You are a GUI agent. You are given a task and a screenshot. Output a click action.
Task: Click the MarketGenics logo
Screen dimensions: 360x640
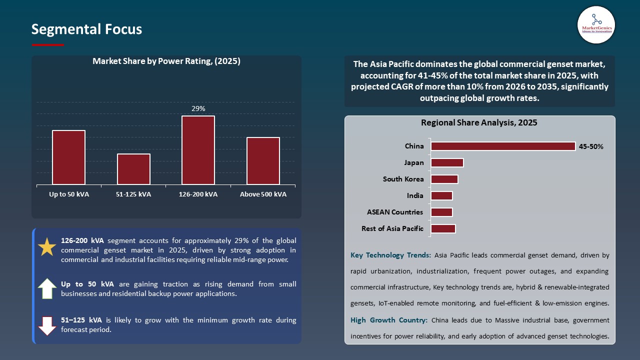point(596,24)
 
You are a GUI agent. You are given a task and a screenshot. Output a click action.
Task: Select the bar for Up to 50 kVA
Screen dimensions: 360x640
point(69,157)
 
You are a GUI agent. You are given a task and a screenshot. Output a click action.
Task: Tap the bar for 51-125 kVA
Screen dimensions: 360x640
point(133,169)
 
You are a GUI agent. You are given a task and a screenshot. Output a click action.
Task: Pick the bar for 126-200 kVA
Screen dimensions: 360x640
point(198,150)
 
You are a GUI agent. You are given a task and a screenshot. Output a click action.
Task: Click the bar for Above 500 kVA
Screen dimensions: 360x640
point(263,161)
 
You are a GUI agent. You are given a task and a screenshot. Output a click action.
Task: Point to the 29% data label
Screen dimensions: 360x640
point(198,108)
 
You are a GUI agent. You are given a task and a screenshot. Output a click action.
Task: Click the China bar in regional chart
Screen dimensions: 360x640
point(503,146)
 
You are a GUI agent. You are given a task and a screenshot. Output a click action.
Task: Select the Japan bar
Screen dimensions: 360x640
point(447,163)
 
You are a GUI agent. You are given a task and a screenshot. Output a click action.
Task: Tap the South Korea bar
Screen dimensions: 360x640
point(444,179)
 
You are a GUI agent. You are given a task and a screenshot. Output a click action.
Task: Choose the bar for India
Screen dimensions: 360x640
point(441,196)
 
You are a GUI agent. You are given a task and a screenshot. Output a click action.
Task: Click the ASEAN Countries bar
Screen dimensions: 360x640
point(441,212)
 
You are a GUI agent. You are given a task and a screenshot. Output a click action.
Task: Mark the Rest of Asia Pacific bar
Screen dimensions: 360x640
point(443,229)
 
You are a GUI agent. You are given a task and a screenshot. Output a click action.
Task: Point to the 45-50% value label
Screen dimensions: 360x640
point(591,147)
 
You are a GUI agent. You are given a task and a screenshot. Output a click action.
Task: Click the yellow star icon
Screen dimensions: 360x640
point(47,247)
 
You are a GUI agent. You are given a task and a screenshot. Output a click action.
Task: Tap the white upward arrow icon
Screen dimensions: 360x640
point(47,289)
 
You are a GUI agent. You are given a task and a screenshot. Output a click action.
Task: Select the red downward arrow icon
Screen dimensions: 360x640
point(47,325)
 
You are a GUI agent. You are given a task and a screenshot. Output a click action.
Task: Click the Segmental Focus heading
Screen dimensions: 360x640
point(86,29)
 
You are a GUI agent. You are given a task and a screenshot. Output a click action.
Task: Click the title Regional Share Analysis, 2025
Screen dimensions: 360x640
point(479,123)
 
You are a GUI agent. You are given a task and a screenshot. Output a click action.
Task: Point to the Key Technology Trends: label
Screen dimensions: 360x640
point(390,255)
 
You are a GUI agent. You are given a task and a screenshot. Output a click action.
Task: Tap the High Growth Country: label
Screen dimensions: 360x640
point(388,320)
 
